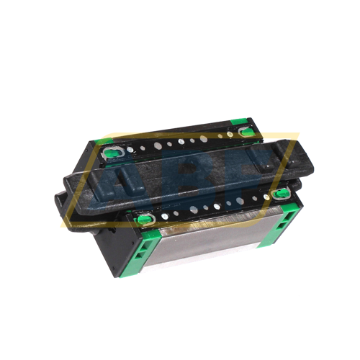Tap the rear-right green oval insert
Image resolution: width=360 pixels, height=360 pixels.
(x=247, y=131)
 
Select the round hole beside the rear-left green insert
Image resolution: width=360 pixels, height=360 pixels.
(x=131, y=150)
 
